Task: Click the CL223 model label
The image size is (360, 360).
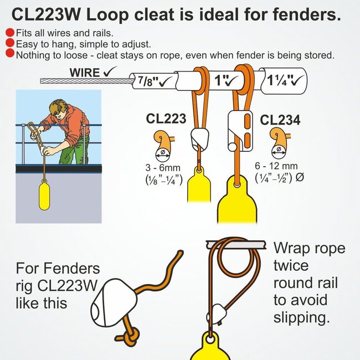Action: point(166,119)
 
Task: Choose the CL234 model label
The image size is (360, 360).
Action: point(280,120)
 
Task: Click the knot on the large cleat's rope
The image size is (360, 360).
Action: point(130,336)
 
